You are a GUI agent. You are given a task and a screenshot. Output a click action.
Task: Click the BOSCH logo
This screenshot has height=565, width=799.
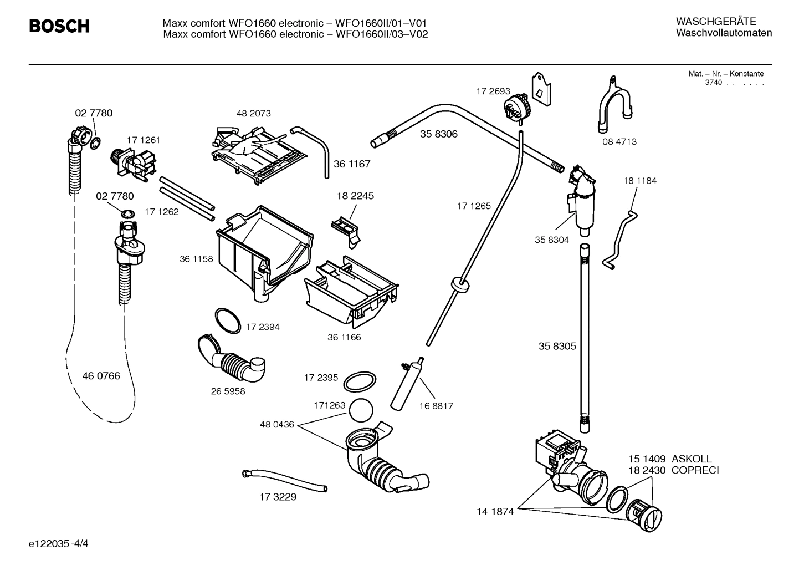[59, 26]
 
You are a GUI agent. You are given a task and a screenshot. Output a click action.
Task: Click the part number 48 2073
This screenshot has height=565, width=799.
[254, 113]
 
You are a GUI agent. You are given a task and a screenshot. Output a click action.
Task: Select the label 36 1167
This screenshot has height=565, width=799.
[352, 164]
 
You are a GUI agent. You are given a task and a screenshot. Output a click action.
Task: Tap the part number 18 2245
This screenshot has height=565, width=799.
[355, 196]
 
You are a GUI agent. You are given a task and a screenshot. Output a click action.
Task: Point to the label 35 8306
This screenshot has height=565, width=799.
[439, 134]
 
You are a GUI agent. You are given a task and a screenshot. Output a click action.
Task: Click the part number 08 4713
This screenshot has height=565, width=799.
[619, 142]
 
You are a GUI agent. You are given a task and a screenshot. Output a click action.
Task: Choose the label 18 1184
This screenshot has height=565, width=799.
[640, 181]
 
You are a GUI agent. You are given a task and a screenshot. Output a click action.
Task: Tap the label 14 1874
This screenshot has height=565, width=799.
[495, 512]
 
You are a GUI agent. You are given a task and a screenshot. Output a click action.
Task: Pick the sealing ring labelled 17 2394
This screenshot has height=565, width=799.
[227, 320]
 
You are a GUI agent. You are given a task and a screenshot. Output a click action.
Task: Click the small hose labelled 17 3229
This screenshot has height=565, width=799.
[285, 480]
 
